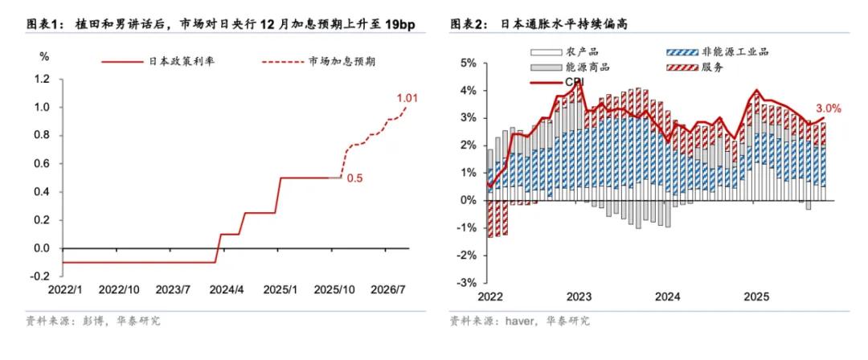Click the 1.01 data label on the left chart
click(x=408, y=99)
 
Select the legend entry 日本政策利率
click(x=177, y=61)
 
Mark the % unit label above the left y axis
click(x=45, y=56)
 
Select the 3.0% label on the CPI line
click(x=828, y=108)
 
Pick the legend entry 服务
click(x=711, y=67)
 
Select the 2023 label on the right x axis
click(x=579, y=297)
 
